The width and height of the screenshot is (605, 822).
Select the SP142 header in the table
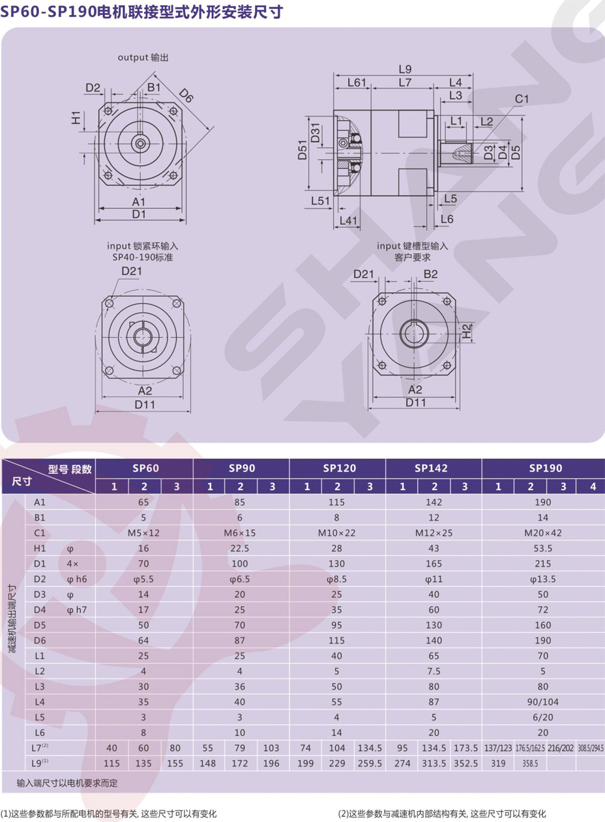(431, 468)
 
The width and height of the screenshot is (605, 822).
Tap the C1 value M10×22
(336, 533)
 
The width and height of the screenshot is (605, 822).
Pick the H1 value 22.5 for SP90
(240, 548)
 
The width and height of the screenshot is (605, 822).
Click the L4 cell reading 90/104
(543, 702)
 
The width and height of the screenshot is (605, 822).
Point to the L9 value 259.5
(370, 763)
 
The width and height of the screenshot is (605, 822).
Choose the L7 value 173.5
(465, 748)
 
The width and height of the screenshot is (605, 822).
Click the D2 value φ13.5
(542, 579)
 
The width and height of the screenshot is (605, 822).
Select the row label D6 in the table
(40, 641)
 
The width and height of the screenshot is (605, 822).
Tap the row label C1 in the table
(40, 533)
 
